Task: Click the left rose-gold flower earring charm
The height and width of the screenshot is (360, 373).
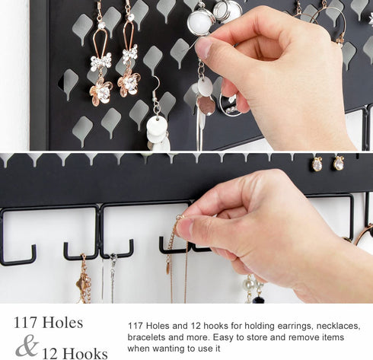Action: coord(100,89)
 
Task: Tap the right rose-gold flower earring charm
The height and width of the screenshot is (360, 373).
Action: coord(128,81)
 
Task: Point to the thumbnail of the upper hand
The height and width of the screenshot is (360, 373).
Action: coord(205,48)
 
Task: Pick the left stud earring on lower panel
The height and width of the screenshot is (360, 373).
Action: coord(316,163)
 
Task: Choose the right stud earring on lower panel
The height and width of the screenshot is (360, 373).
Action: coord(338,162)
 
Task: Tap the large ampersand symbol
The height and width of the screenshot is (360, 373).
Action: coord(27,346)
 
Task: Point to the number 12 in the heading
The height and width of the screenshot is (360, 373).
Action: coord(51,352)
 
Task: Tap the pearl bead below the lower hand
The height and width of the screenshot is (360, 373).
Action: coord(249,283)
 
